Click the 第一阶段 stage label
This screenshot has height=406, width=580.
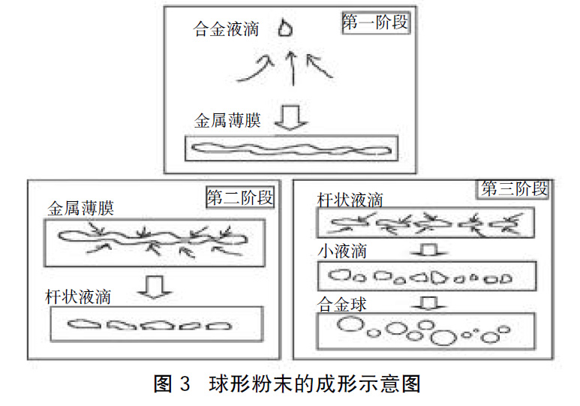(375, 23)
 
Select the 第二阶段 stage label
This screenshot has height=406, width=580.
(240, 197)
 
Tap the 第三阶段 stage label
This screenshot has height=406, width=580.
(514, 189)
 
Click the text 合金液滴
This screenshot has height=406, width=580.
(226, 29)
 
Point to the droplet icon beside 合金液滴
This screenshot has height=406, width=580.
(285, 28)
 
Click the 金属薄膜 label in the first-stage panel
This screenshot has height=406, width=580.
(227, 120)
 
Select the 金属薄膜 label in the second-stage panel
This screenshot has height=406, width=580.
(80, 209)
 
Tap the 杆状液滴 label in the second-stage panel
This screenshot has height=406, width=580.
(78, 297)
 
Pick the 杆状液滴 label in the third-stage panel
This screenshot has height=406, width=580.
(350, 200)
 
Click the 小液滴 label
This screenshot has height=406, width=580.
(342, 251)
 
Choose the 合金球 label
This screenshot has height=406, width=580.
(341, 304)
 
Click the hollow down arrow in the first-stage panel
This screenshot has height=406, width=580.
(290, 118)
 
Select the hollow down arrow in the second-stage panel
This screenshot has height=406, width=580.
(155, 287)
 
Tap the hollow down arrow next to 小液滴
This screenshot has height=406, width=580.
(429, 250)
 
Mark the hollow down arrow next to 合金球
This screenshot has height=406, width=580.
(429, 302)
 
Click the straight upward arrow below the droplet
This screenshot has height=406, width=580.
(293, 68)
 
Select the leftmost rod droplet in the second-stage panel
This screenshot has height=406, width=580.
(84, 325)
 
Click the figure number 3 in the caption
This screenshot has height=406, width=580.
(185, 383)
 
